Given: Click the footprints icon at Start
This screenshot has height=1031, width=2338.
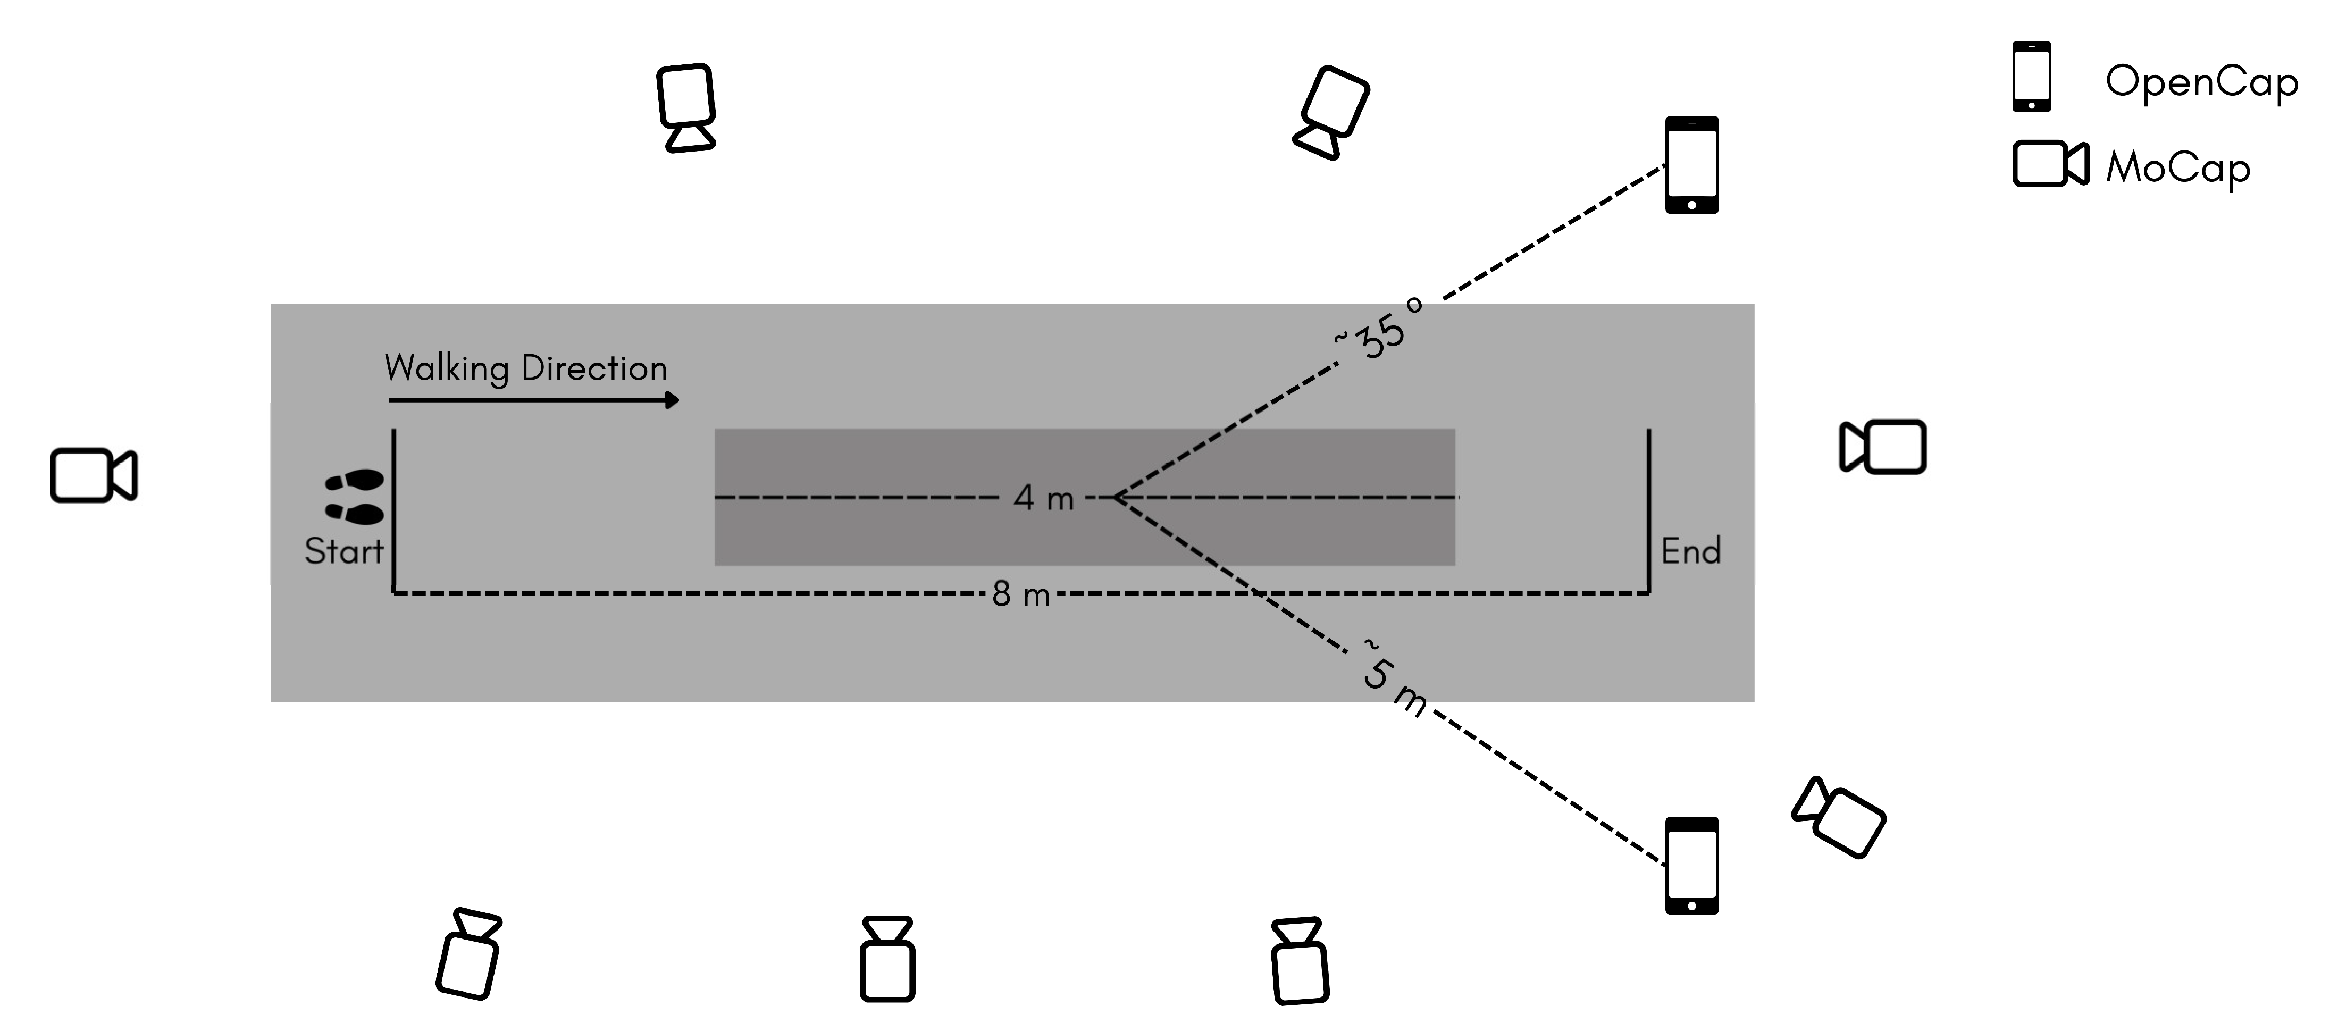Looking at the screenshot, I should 355,497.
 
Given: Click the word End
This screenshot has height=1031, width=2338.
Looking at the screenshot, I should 1690,551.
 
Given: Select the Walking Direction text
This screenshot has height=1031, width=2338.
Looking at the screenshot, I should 525,367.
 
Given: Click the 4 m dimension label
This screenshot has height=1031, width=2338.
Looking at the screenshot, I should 1043,497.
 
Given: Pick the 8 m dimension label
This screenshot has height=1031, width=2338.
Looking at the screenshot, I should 1020,594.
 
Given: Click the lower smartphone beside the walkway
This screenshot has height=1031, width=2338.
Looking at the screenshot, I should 1692,865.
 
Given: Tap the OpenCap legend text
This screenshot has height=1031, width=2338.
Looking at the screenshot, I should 2201,82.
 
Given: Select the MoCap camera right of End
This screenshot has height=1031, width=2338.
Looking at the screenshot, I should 1882,447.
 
